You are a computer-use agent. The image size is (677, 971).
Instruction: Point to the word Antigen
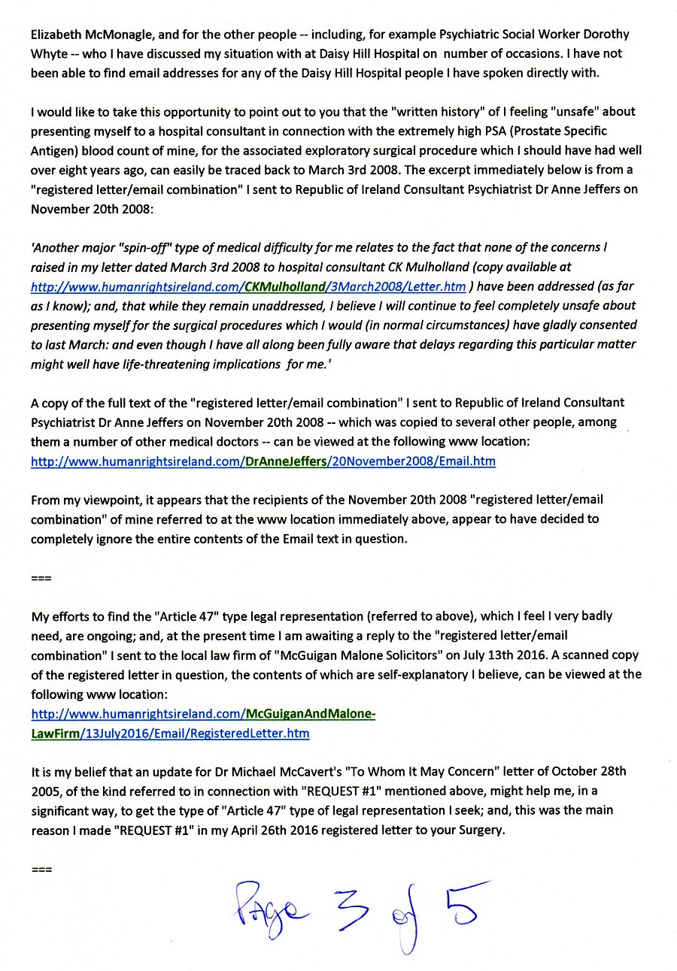54,150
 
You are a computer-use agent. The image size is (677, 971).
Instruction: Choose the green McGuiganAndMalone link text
310,713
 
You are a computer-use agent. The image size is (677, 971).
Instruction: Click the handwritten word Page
264,910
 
